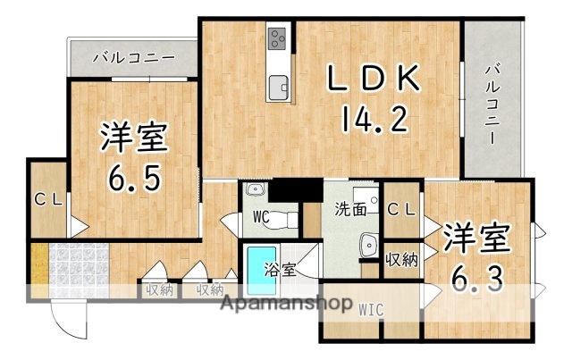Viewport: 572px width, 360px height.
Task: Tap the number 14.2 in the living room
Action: point(374,120)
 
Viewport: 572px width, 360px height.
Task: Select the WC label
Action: point(261,215)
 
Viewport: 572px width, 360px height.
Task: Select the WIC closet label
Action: point(372,310)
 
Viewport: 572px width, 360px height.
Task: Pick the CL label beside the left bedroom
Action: point(47,200)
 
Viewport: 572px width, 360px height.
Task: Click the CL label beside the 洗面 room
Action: point(403,209)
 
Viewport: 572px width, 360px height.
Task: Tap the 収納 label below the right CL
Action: point(401,260)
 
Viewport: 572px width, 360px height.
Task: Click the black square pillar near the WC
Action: point(296,190)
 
